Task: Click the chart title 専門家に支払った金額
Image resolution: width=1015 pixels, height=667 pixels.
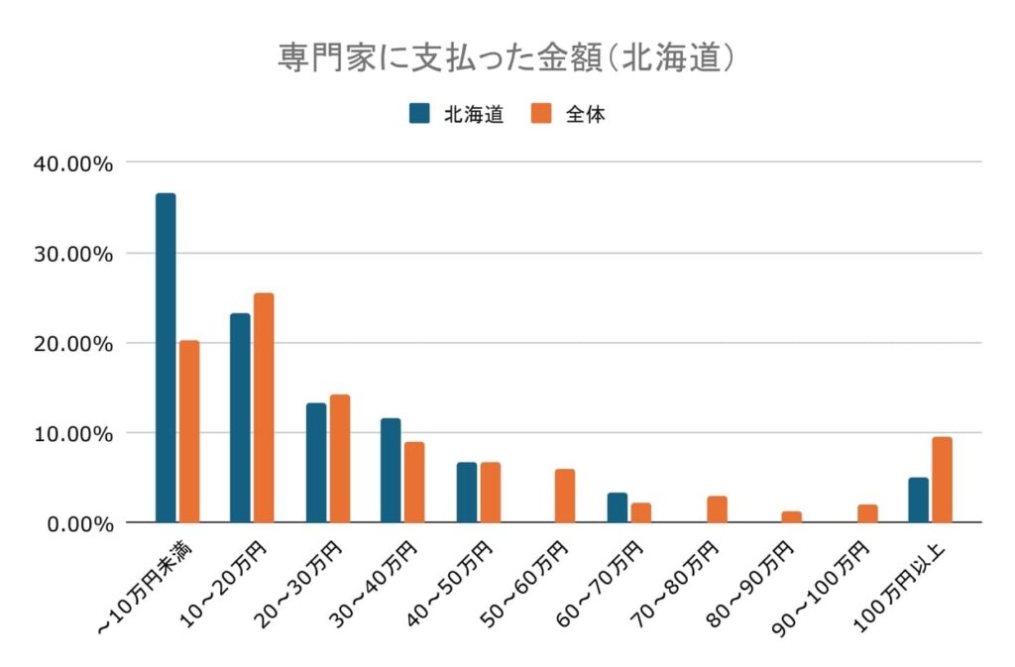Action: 507,57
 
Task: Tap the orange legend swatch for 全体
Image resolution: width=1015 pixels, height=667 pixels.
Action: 541,113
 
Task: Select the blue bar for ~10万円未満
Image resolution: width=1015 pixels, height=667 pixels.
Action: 166,358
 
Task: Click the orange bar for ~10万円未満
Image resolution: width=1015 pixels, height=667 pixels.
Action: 189,431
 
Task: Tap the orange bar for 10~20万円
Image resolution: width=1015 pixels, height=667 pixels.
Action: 264,407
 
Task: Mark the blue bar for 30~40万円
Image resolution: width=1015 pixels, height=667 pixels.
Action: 391,471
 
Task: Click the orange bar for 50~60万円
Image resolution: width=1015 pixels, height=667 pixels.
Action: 565,496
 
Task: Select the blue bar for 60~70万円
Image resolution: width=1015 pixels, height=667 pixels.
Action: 618,507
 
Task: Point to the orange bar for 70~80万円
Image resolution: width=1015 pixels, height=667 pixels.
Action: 717,509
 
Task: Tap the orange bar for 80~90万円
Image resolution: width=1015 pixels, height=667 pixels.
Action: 791,516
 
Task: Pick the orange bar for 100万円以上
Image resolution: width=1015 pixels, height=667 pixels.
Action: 942,480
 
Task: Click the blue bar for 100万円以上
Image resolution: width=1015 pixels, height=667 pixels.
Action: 918,500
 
